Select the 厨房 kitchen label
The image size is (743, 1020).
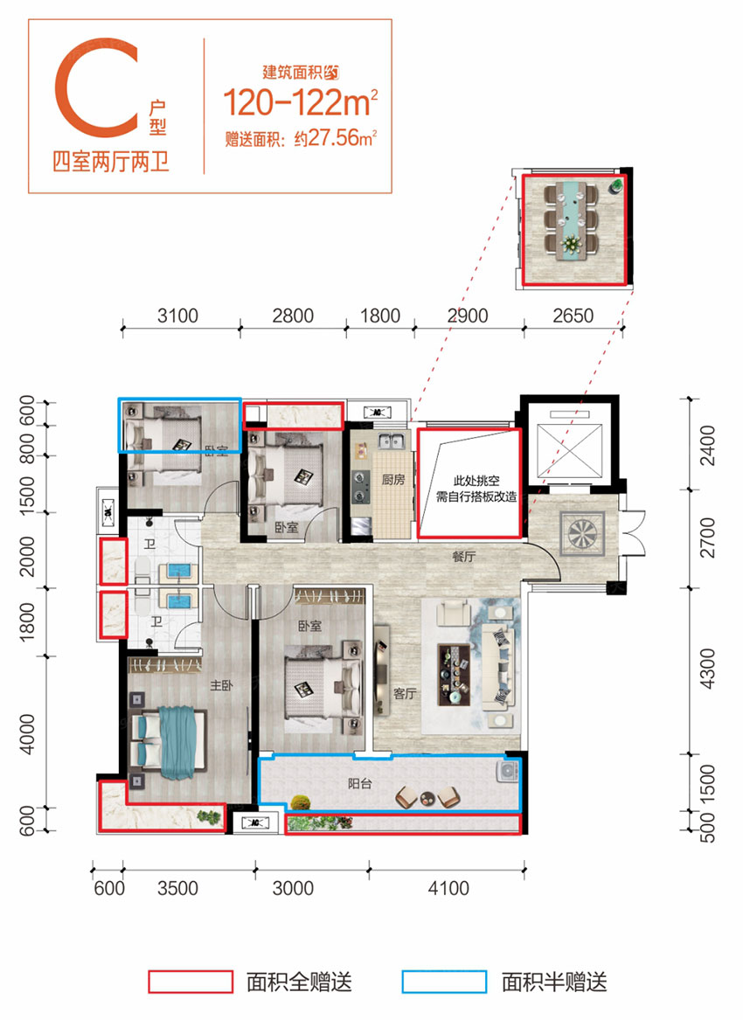[392, 479]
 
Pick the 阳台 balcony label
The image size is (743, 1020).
[360, 784]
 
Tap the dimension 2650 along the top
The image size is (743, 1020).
[573, 316]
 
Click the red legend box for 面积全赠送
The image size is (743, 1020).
[191, 981]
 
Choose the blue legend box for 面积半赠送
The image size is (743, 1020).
[444, 981]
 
